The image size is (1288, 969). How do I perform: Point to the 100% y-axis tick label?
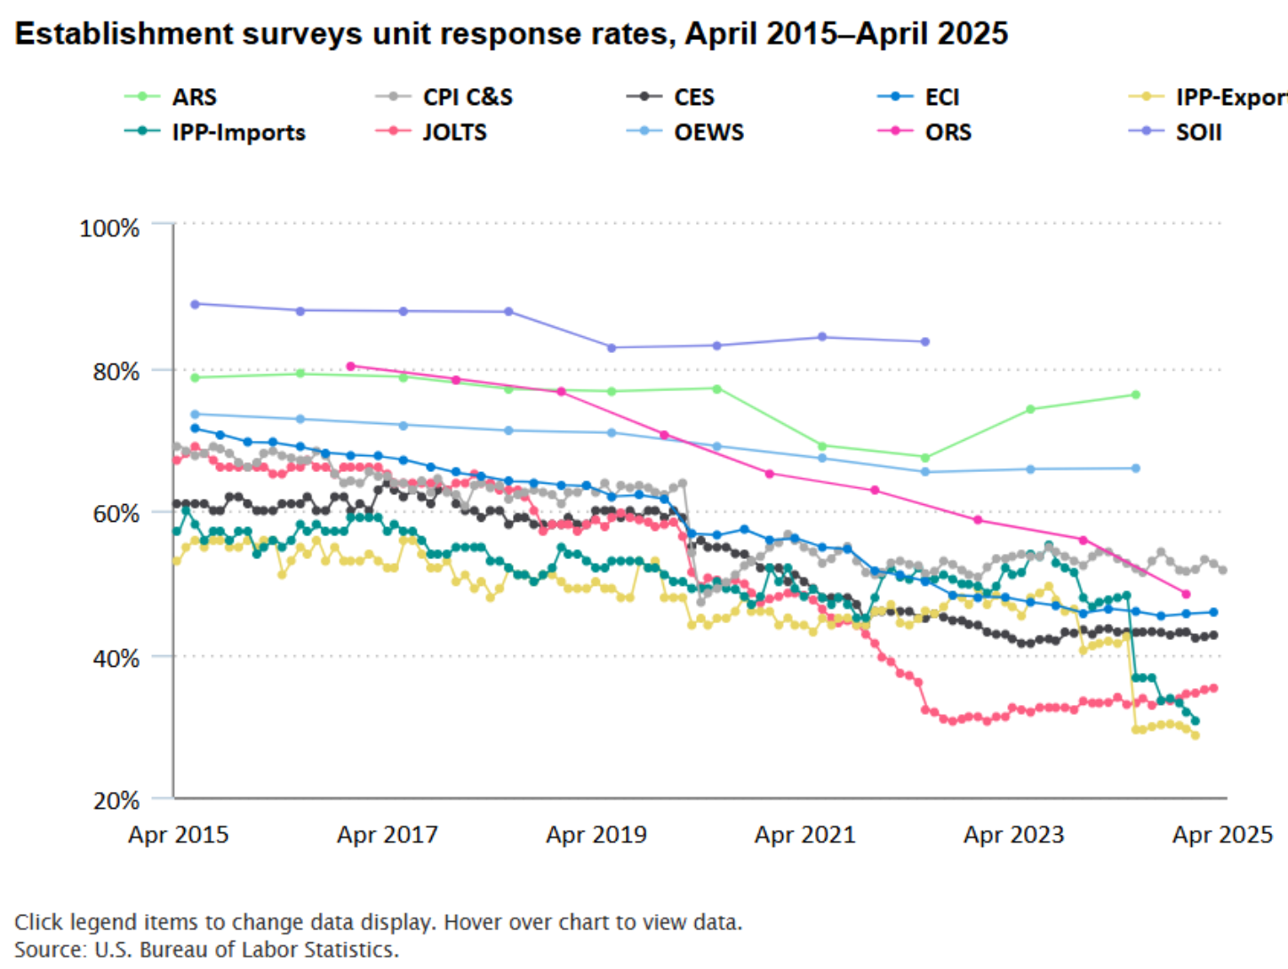(x=109, y=228)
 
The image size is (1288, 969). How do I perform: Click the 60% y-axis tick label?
(x=116, y=514)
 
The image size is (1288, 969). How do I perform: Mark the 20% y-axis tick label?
(x=116, y=800)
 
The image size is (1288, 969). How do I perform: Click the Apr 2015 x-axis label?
(x=178, y=835)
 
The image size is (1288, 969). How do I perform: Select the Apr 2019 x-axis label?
(x=596, y=835)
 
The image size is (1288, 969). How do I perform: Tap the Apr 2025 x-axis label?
(x=1222, y=835)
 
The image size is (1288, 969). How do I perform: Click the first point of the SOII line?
(x=195, y=304)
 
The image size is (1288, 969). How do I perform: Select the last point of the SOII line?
(x=925, y=341)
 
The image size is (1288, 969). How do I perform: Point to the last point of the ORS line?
(x=1186, y=594)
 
